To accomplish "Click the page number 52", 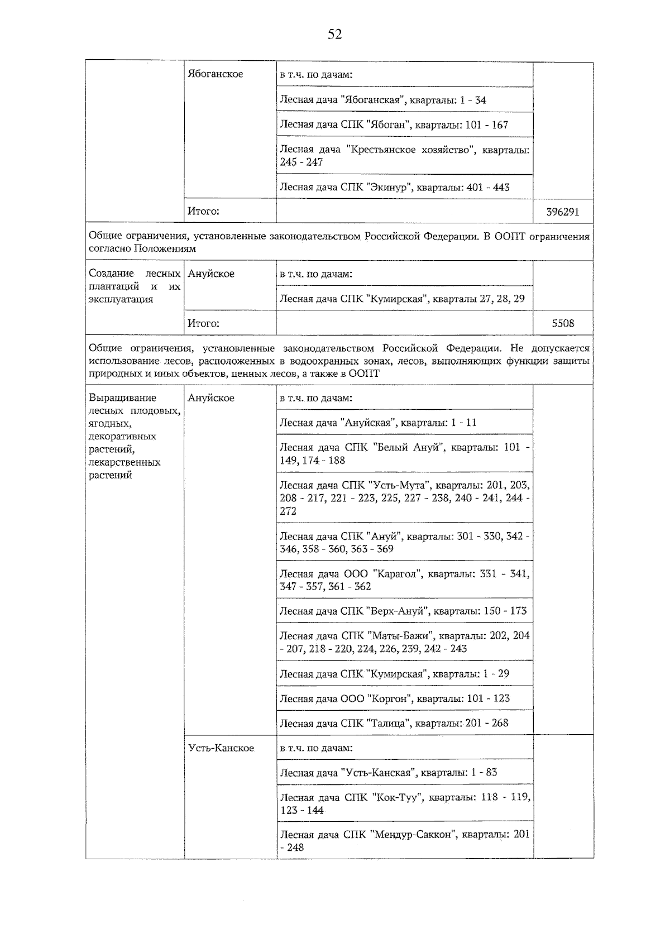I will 334,35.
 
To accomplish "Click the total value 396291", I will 562,212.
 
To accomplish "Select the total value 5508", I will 562,323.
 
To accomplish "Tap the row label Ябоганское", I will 216,74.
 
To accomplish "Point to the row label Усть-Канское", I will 221,748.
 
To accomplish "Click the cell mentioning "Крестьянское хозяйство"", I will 404,156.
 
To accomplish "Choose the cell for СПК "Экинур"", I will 394,187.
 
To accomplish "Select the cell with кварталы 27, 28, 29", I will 402,299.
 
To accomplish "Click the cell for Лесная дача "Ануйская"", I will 378,423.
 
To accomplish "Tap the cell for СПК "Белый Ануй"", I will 404,453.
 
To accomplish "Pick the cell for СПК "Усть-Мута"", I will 404,497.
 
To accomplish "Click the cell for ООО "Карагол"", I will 404,580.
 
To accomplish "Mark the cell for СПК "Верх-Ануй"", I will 403,611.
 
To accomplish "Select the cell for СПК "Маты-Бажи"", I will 404,642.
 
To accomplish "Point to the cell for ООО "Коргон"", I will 394,698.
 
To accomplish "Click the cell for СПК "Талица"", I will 394,723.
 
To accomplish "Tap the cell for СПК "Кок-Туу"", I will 404,803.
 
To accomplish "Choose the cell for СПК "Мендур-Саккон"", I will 404,841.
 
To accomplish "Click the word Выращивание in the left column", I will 122,398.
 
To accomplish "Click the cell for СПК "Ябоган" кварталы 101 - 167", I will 394,125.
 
